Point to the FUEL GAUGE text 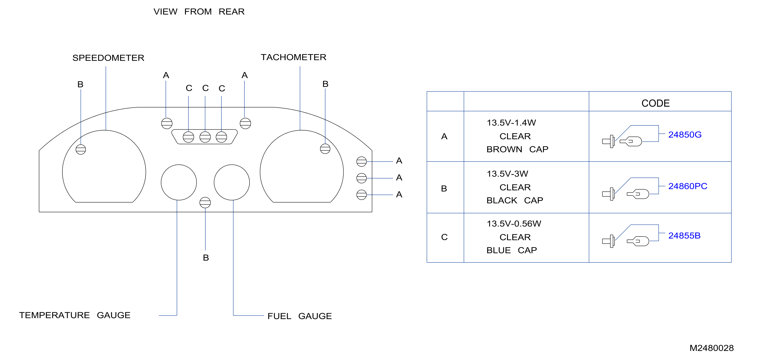[x=299, y=316]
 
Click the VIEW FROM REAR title [x=199, y=12]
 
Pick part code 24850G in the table [x=685, y=135]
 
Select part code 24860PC [x=688, y=186]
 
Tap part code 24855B [x=684, y=236]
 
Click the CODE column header [x=655, y=103]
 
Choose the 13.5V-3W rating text [x=507, y=174]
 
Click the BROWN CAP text [x=517, y=149]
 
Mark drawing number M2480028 [x=712, y=348]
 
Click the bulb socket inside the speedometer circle [x=81, y=149]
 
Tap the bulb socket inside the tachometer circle [x=325, y=149]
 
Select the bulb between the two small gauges [x=205, y=203]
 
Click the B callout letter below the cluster [x=206, y=258]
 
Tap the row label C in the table [x=444, y=237]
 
